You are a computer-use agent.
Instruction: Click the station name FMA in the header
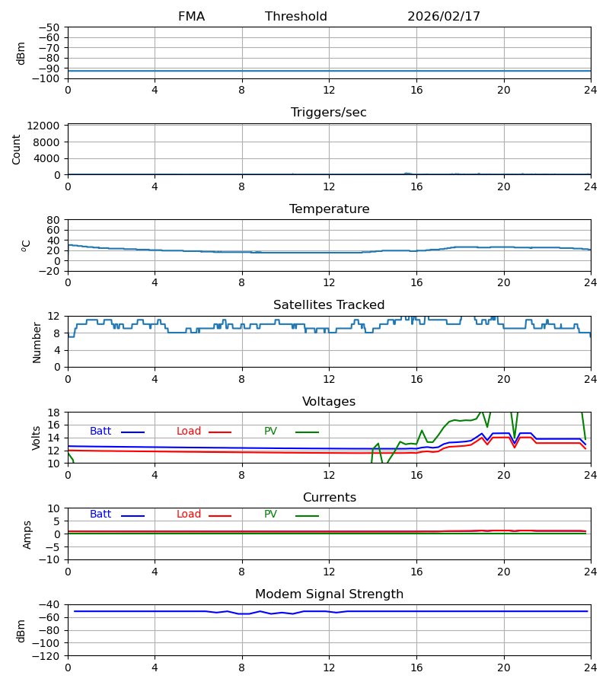pyautogui.click(x=191, y=17)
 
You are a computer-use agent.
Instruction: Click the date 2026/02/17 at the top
pyautogui.click(x=444, y=17)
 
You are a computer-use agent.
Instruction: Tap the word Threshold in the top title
pyautogui.click(x=296, y=17)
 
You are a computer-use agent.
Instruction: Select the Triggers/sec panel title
pyautogui.click(x=329, y=113)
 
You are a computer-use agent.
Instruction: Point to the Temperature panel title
pyautogui.click(x=329, y=209)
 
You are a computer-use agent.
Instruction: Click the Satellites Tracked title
pyautogui.click(x=329, y=305)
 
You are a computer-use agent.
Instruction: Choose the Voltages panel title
pyautogui.click(x=329, y=402)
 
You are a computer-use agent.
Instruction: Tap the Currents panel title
pyautogui.click(x=329, y=498)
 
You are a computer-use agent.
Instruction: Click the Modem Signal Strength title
pyautogui.click(x=329, y=594)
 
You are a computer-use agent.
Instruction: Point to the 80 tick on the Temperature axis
pyautogui.click(x=53, y=220)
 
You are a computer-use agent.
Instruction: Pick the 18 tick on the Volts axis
pyautogui.click(x=53, y=413)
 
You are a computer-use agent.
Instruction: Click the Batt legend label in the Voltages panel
pyautogui.click(x=100, y=432)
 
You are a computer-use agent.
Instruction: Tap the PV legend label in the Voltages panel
pyautogui.click(x=270, y=432)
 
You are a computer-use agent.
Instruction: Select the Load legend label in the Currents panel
pyautogui.click(x=189, y=515)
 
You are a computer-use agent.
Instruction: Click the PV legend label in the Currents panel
pyautogui.click(x=270, y=515)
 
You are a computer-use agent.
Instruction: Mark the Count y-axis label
pyautogui.click(x=17, y=149)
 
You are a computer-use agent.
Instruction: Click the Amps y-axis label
pyautogui.click(x=27, y=534)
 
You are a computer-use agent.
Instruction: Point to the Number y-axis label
pyautogui.click(x=37, y=342)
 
